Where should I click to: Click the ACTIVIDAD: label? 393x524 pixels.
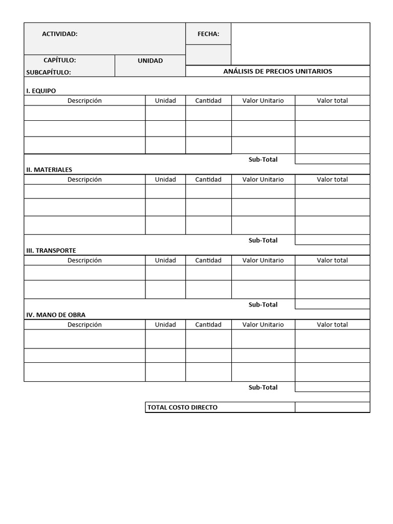[59, 34]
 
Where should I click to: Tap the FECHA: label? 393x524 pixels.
[208, 34]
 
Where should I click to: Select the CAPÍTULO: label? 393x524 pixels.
[59, 60]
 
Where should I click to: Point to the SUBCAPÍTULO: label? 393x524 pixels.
[48, 72]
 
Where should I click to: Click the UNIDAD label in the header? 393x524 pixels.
[150, 60]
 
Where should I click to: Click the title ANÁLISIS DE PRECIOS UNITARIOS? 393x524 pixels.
[277, 71]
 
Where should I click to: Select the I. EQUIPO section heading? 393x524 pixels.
[41, 91]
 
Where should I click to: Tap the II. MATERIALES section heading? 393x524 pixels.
[49, 169]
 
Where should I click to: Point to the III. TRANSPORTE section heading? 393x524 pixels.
[51, 250]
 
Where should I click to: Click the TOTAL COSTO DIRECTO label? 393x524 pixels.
[182, 407]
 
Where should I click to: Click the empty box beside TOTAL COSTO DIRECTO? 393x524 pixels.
[332, 407]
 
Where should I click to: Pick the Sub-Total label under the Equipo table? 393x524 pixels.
[263, 159]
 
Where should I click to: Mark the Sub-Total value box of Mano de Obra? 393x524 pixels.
[332, 387]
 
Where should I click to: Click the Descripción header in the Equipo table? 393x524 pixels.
[84, 100]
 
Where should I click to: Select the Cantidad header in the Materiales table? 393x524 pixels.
[208, 179]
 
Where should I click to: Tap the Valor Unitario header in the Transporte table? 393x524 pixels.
[263, 260]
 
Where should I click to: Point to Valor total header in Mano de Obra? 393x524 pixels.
[332, 324]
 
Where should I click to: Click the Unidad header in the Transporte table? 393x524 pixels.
[165, 260]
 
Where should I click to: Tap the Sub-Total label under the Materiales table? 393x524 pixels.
[263, 240]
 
